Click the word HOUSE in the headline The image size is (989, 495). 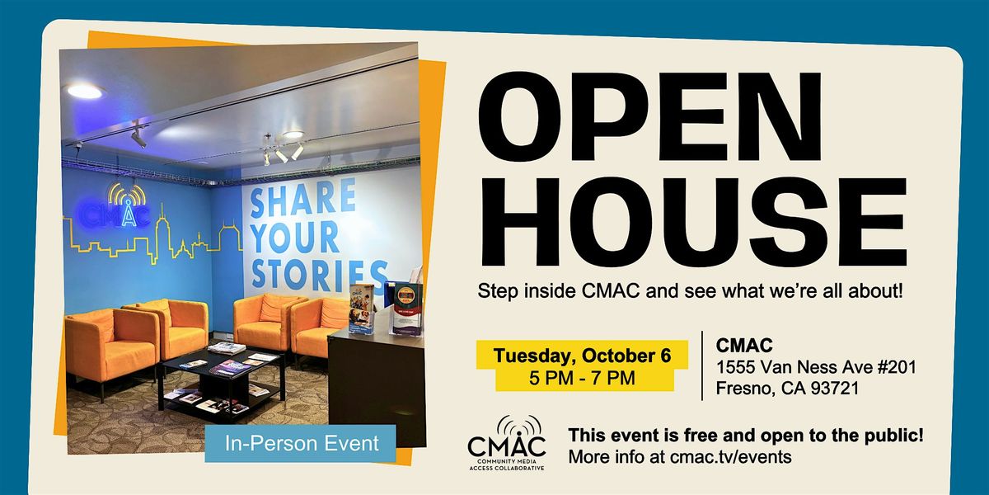[x=693, y=221]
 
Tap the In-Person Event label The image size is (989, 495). [x=301, y=443]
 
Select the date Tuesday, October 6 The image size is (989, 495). [x=582, y=356]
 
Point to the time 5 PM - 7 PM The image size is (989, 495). [x=582, y=379]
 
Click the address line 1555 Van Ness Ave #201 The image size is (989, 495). [x=816, y=367]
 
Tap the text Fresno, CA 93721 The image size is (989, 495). [x=787, y=389]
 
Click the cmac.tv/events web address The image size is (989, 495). [x=730, y=457]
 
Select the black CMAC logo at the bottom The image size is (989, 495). [x=506, y=443]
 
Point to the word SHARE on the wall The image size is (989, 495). [x=303, y=199]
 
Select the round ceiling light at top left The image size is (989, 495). [x=84, y=91]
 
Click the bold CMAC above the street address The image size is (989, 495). [x=744, y=346]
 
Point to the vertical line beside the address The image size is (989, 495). [x=702, y=365]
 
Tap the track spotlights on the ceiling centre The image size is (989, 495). [x=283, y=150]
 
